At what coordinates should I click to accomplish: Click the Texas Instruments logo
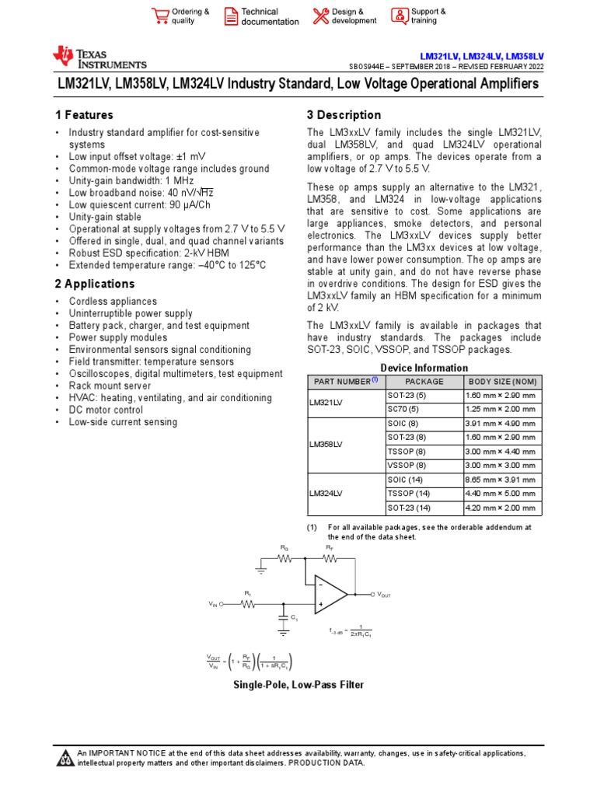[99, 58]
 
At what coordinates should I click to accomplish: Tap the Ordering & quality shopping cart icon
[160, 16]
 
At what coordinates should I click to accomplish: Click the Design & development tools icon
[321, 16]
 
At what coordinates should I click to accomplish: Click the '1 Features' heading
[84, 115]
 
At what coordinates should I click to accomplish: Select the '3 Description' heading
[344, 115]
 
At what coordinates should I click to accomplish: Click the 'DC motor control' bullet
[106, 410]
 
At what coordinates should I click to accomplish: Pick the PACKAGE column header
[424, 382]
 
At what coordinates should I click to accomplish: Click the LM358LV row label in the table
[326, 445]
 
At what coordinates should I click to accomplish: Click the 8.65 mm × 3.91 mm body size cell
[501, 480]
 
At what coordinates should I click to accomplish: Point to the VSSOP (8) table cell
[406, 465]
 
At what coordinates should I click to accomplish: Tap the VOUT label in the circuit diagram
[384, 595]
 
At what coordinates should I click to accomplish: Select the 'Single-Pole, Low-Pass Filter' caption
[298, 685]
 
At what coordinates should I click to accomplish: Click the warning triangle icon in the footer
[65, 758]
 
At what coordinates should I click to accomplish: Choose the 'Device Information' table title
[424, 368]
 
